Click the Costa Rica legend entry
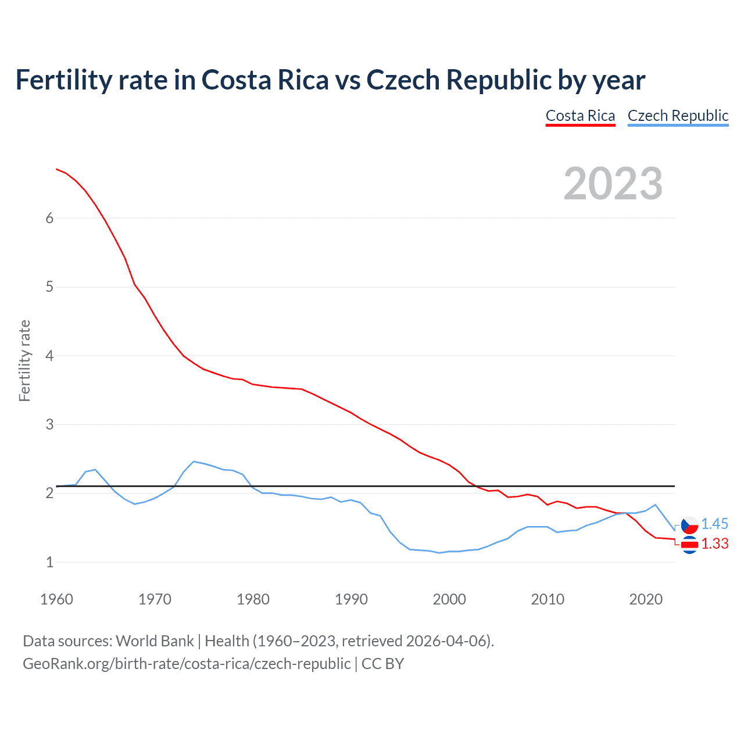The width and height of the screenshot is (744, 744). point(580,116)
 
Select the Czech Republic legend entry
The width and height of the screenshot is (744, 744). point(678,116)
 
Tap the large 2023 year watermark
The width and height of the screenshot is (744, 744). point(613,184)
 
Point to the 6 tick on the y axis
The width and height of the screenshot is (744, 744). point(49,218)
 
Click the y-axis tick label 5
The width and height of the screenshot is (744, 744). point(49,287)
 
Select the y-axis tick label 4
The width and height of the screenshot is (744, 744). point(49,356)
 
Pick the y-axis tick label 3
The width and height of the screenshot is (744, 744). point(49,424)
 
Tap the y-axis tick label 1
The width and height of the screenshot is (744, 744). point(49,562)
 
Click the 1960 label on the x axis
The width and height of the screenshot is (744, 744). point(56,599)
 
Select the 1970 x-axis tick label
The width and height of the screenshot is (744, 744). point(155,599)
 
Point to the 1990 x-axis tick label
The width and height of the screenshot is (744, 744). point(351,599)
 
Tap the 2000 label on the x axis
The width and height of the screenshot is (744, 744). point(449,599)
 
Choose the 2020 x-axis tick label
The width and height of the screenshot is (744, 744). point(646,599)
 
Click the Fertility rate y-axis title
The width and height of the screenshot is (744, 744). point(24,360)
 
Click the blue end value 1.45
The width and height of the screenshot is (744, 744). point(714,524)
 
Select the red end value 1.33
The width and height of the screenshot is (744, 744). point(714,543)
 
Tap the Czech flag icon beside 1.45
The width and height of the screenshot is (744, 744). point(689,525)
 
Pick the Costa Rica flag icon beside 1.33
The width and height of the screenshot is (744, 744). point(689,545)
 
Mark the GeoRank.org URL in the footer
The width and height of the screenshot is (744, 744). point(187,664)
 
